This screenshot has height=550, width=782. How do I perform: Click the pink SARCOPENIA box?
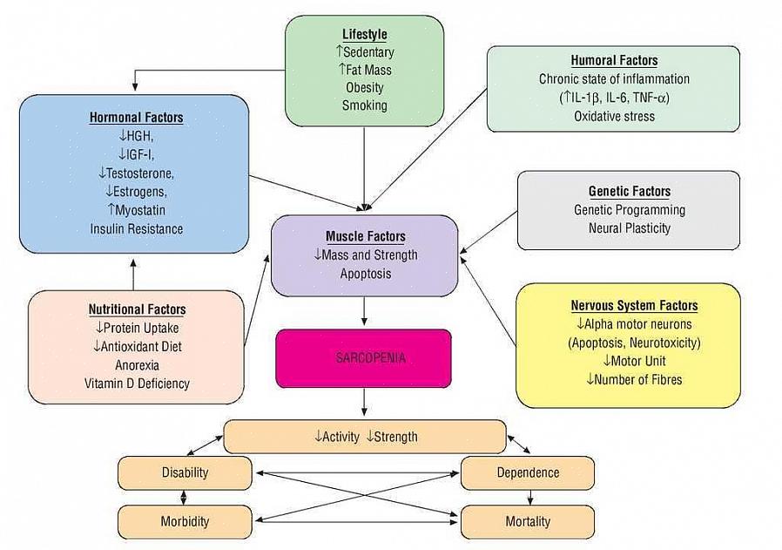click(x=363, y=358)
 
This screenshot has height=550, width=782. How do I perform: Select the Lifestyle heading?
click(x=364, y=34)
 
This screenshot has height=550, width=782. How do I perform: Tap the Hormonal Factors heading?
click(x=136, y=117)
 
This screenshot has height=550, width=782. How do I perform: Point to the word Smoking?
click(x=364, y=105)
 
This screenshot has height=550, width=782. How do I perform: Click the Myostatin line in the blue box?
click(x=136, y=210)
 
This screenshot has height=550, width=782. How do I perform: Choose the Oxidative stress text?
click(x=614, y=116)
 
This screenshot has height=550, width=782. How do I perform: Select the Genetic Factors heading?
click(x=629, y=191)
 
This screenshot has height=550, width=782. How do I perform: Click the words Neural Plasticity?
click(x=629, y=227)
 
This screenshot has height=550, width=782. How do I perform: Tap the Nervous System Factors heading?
click(x=634, y=305)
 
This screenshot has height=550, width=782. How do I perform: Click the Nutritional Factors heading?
click(x=137, y=309)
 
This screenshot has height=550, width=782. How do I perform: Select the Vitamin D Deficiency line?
click(x=137, y=383)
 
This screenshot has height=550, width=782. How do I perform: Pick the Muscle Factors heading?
click(x=365, y=236)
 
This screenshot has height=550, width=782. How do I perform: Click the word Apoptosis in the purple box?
click(x=365, y=274)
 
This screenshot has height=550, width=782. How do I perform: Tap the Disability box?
click(x=185, y=472)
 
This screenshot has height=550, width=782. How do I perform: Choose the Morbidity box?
click(x=185, y=521)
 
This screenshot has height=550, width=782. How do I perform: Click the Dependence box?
click(x=528, y=472)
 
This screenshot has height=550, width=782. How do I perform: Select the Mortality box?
click(x=528, y=521)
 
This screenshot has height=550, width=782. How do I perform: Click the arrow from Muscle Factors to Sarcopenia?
click(x=364, y=312)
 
